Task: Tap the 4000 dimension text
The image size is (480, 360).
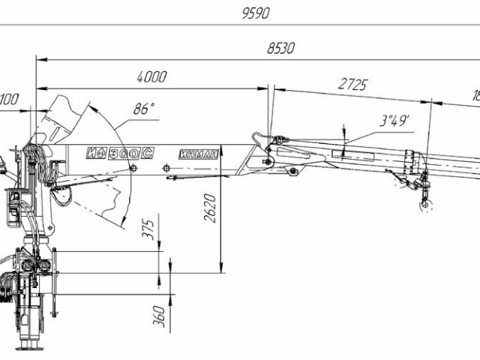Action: point(151,76)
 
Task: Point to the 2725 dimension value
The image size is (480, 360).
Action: point(352,85)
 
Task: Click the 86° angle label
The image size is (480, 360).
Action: point(143,108)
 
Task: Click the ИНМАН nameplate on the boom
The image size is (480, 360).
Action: point(199,154)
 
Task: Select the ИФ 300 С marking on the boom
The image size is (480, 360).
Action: point(119,153)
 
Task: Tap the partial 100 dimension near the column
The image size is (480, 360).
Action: point(9,97)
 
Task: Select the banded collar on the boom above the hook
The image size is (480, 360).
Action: point(411,161)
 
